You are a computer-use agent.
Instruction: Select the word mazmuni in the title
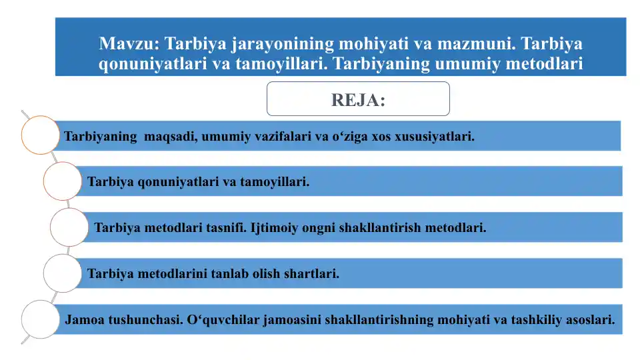click(475, 45)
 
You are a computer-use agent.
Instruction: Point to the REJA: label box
click(358, 99)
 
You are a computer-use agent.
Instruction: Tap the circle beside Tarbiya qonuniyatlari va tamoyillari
click(63, 181)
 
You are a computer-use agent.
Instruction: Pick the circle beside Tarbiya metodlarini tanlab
click(63, 273)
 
